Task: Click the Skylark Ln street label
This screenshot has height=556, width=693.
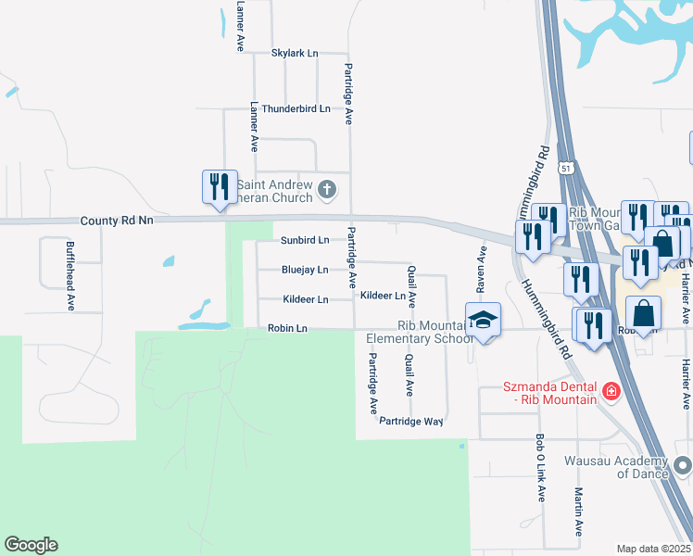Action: tap(295, 53)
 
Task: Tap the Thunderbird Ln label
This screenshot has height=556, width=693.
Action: tap(296, 108)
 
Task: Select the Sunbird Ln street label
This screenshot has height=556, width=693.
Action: tap(305, 240)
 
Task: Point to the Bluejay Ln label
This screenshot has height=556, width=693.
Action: tap(305, 270)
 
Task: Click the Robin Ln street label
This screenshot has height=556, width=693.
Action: tap(286, 328)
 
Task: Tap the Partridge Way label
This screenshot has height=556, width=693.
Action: tap(411, 421)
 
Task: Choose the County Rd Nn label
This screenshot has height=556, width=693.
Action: tap(117, 221)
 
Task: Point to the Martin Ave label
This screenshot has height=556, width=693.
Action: tap(578, 512)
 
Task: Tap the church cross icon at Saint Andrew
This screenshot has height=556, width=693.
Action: tap(326, 190)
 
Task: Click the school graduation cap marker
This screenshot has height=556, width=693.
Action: tap(483, 320)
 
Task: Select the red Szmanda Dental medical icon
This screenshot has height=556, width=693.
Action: tap(610, 392)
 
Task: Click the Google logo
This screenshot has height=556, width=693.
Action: tap(31, 545)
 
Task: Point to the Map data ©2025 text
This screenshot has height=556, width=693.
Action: tap(652, 549)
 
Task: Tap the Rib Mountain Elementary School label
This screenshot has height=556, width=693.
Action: tap(421, 332)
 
